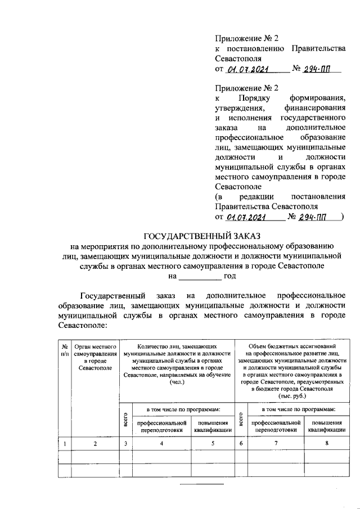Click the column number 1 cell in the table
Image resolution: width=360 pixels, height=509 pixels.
pyautogui.click(x=65, y=444)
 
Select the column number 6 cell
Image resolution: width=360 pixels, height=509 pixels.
pyautogui.click(x=240, y=444)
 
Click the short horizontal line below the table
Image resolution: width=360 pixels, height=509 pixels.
pyautogui.click(x=201, y=485)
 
